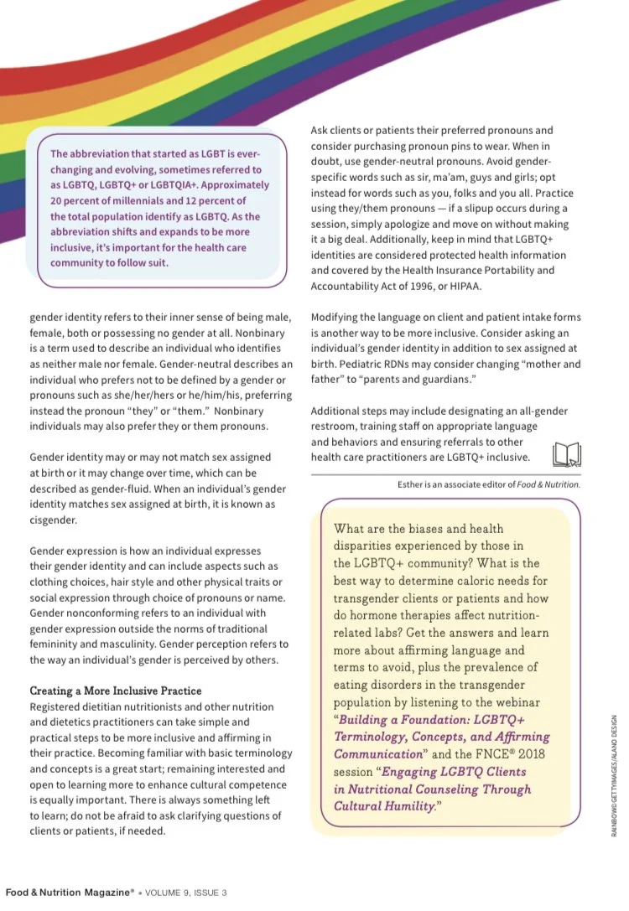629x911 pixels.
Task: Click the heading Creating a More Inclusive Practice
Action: [x=116, y=691]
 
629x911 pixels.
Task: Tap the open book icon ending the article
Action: [x=567, y=454]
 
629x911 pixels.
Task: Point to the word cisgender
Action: [x=53, y=520]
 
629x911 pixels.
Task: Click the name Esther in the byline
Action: [x=413, y=484]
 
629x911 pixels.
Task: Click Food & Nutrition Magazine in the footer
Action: [x=68, y=893]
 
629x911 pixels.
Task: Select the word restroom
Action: [x=335, y=426]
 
